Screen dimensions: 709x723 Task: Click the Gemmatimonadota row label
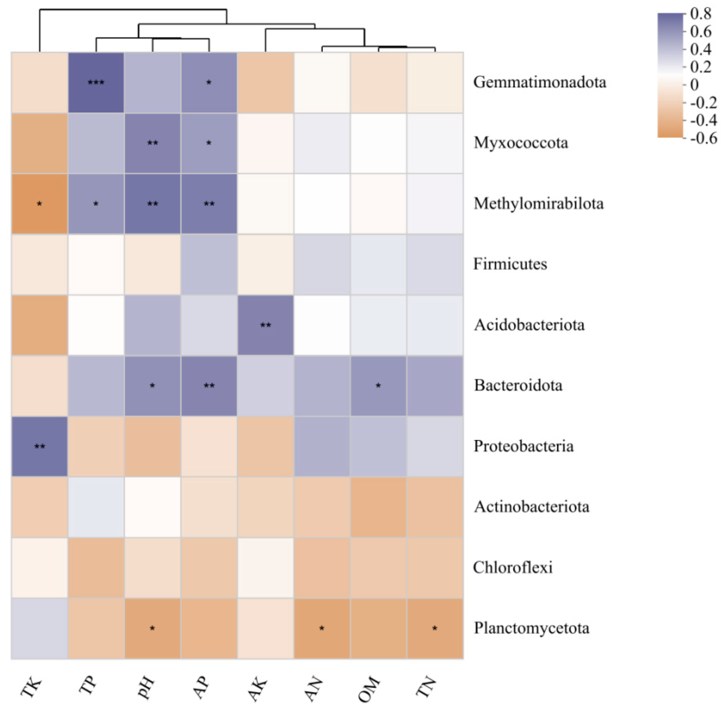539,82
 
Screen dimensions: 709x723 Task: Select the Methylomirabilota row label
538,204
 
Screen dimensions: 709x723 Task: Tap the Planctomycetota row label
531,628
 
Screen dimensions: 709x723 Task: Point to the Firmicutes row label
510,264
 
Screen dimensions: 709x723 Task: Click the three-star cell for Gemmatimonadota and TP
96,82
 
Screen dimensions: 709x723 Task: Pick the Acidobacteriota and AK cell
265,325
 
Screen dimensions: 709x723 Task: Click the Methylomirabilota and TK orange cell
40,204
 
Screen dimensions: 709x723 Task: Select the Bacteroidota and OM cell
378,386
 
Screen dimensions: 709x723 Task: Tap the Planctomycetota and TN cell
435,628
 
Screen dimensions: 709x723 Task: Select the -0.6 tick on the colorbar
703,138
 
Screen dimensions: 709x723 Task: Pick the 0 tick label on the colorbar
695,85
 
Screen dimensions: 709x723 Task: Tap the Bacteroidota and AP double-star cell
209,386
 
